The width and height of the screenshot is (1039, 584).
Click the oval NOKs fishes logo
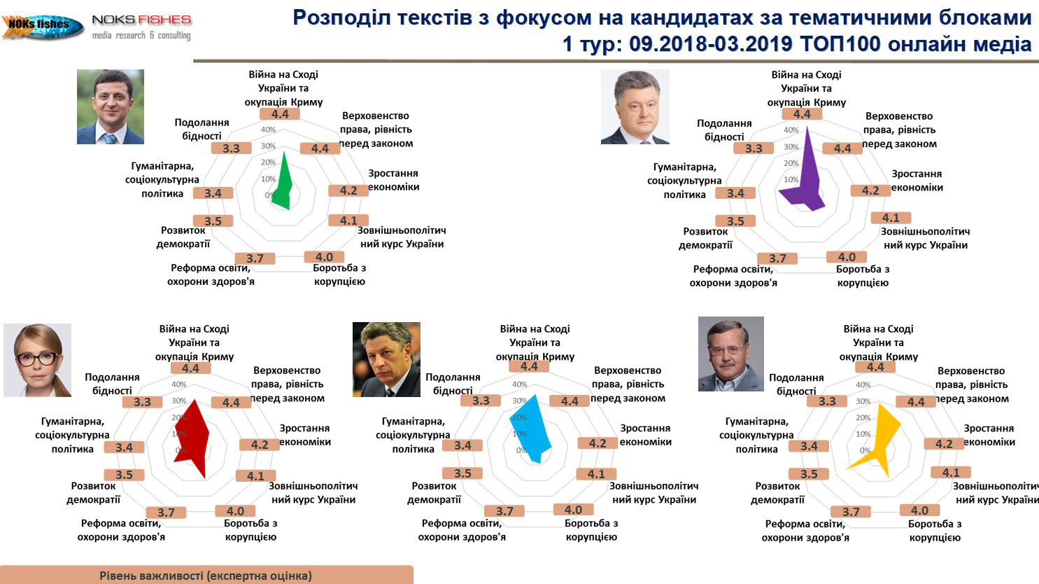coord(42,26)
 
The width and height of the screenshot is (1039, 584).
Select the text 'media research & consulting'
coord(141,35)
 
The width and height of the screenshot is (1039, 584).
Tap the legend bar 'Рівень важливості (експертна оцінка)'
coord(206,575)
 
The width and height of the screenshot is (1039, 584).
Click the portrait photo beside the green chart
coord(111,106)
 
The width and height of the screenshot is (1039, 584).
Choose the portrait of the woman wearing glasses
coord(38,360)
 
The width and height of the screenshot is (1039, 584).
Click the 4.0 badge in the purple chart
coord(847,257)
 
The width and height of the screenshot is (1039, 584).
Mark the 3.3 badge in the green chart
coord(231,148)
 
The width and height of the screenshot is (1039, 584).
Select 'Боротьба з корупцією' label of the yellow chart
coord(935,531)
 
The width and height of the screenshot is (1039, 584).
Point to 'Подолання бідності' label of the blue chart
coord(453,384)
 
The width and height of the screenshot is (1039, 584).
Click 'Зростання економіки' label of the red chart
coord(305,435)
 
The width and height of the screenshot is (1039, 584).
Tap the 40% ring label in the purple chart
coord(791,130)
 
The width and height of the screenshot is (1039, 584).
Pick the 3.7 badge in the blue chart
coord(504,511)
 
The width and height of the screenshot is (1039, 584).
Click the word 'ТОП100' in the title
coord(840,44)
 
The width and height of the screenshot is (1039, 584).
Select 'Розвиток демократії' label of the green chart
coord(183,237)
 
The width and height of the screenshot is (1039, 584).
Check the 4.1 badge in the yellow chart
coord(950,473)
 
